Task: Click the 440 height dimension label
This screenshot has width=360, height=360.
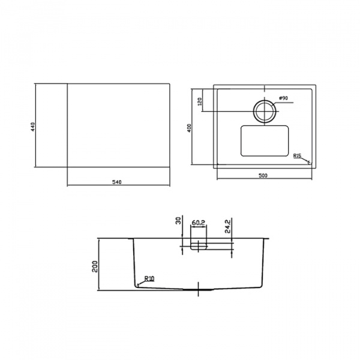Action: click(x=32, y=127)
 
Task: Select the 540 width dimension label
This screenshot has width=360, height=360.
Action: click(x=117, y=182)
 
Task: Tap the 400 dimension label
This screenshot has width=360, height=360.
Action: click(x=189, y=128)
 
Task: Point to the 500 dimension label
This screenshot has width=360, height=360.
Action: click(x=263, y=176)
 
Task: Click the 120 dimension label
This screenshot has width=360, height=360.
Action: click(x=200, y=101)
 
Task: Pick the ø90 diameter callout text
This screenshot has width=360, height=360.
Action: click(x=284, y=98)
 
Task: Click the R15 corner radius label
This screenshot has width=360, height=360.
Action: click(x=297, y=156)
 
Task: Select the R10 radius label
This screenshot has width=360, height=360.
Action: click(x=149, y=279)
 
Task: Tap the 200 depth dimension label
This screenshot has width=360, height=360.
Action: click(x=95, y=266)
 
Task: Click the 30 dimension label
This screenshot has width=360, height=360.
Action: click(x=179, y=221)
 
